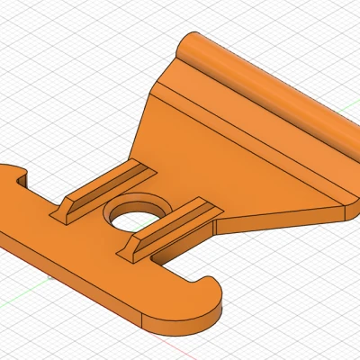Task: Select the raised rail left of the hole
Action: click(103, 187)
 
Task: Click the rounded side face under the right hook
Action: click(216, 310)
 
